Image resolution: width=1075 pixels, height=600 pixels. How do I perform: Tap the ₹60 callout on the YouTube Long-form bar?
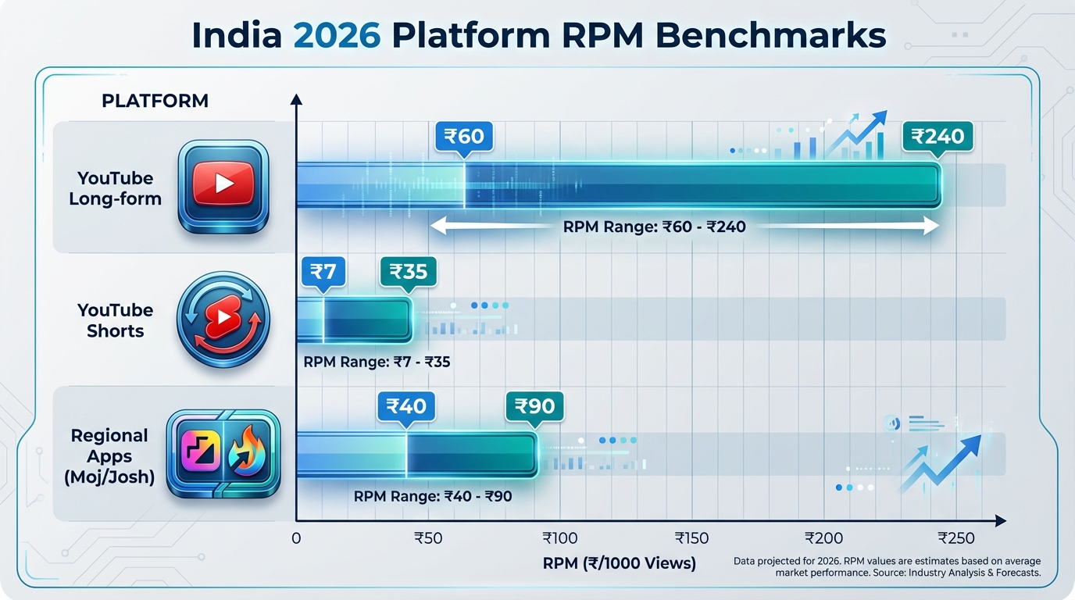pos(464,137)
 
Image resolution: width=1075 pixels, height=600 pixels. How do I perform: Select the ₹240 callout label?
pos(937,137)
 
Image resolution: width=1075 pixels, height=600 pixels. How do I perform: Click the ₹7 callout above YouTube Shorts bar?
pos(323,271)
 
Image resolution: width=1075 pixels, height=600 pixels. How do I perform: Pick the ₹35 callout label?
pos(408,271)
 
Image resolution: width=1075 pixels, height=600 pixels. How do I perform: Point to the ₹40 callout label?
pos(406,406)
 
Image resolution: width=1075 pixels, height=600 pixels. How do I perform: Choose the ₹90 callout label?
pos(534,406)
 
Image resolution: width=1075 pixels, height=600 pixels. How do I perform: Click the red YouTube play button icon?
pos(223,184)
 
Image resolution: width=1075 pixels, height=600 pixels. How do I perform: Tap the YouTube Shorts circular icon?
pos(223,319)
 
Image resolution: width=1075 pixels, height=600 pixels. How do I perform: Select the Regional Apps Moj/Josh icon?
pos(223,455)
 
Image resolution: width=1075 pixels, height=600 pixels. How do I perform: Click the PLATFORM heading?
pos(155,101)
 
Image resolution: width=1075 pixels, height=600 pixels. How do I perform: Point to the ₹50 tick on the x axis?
pos(429,538)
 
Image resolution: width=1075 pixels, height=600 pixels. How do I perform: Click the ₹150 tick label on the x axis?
pos(692,538)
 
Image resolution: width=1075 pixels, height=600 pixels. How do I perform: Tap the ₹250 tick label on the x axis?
pos(956,538)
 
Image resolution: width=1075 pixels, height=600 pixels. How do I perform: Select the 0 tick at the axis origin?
pos(296,538)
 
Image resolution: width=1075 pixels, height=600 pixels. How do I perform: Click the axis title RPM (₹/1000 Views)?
pos(619,562)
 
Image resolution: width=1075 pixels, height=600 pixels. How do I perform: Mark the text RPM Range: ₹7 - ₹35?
pos(377,362)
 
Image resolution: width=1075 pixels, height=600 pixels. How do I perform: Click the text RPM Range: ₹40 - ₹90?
pos(433,496)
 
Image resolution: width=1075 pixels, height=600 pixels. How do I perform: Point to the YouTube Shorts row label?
pos(116,320)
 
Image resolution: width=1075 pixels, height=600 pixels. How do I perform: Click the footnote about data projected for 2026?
pos(887,567)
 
